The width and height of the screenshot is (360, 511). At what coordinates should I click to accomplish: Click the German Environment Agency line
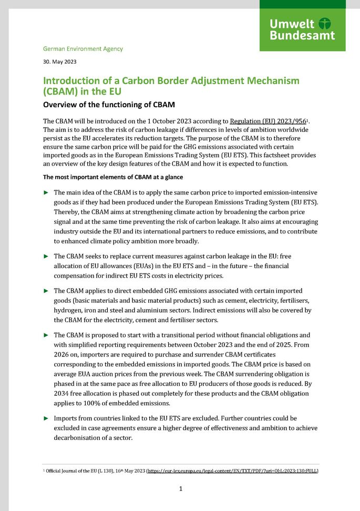pos(83,49)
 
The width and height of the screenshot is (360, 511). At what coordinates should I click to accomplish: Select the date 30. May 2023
pos(59,62)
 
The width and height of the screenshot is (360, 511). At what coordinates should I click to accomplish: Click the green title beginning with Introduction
pos(171,86)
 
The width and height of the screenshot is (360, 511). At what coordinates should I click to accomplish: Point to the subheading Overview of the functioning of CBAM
pos(108,104)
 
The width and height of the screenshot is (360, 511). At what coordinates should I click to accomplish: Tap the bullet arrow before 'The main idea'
pos(46,192)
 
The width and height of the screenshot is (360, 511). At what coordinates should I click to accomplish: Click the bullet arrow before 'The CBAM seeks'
pos(46,256)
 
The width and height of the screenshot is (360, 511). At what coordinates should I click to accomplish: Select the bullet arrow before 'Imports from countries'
pos(46,418)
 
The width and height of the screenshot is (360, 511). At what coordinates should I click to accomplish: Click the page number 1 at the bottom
pos(180,489)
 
